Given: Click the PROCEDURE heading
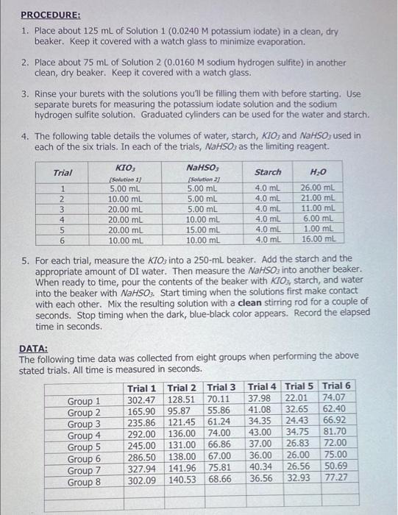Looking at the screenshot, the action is (51, 14).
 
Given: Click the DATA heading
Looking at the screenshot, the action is (34, 348).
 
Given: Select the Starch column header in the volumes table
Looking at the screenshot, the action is (267, 172).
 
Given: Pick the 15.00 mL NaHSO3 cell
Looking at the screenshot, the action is (200, 229).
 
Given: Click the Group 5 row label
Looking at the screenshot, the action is (84, 447).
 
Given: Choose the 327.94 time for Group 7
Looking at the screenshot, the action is (141, 469).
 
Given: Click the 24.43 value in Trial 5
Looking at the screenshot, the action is (299, 423).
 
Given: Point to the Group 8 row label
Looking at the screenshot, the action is (84, 482).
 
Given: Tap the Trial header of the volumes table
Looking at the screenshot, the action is (63, 173).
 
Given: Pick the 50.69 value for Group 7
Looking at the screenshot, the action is (336, 469).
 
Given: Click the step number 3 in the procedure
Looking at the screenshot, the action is (24, 95).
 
